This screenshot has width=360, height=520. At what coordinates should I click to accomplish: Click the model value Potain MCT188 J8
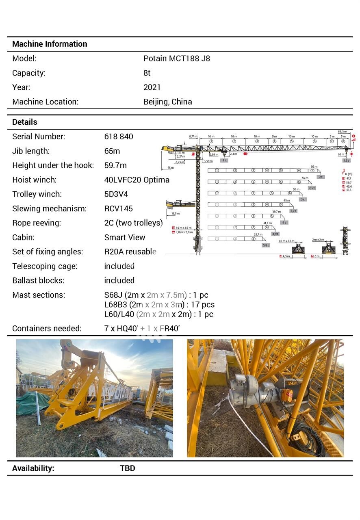176,58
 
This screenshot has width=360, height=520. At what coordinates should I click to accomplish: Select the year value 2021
152,87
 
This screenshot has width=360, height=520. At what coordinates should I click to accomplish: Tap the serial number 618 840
118,136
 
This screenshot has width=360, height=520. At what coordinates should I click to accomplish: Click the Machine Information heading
50,44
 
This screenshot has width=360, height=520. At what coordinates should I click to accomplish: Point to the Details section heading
24,122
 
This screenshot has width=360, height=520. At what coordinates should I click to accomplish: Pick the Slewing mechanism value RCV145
118,209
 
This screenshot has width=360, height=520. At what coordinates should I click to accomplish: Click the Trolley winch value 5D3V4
116,194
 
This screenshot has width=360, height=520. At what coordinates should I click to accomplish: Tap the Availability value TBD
127,468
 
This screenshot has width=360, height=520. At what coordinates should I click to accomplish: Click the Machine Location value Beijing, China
167,102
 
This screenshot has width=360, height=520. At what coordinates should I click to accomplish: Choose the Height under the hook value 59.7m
115,165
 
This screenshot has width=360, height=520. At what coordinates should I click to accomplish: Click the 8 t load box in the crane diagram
224,160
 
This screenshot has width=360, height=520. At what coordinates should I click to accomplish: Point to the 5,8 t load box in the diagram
266,245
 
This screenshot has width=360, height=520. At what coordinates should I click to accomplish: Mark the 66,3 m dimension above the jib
343,132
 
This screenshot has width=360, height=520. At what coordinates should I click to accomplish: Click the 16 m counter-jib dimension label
170,168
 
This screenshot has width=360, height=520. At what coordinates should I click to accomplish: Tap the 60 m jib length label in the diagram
314,167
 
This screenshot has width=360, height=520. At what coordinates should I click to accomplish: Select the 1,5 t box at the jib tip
346,160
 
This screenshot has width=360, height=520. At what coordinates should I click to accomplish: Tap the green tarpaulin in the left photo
33,402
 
